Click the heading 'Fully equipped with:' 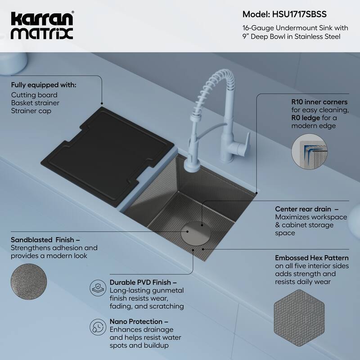(44, 85)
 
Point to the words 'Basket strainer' (35, 103)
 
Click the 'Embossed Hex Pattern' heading (311, 258)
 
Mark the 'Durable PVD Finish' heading (140, 282)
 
